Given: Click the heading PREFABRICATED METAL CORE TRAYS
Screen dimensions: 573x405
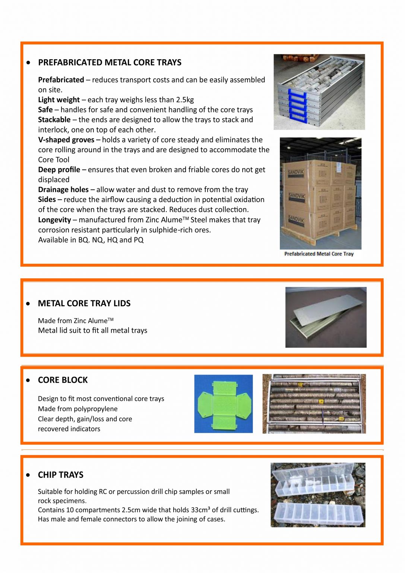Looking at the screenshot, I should tap(110, 62).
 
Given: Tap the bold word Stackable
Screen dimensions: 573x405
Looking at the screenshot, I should tap(54, 120).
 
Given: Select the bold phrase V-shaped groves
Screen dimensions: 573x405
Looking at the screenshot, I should tap(66, 140).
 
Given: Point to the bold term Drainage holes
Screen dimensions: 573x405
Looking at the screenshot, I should tap(63, 190).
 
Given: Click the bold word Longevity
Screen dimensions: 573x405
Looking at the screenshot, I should tap(54, 220).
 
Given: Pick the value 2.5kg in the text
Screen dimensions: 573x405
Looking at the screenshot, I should tap(185, 100).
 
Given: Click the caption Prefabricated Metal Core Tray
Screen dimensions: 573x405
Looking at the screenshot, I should tap(319, 254).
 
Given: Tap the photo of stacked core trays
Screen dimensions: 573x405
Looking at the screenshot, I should tap(319, 92).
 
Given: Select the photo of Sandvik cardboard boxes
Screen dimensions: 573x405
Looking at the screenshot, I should tap(320, 193).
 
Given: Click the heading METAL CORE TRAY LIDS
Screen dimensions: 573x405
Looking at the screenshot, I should tap(84, 303).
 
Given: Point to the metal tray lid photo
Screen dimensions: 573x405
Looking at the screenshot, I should tap(326, 317).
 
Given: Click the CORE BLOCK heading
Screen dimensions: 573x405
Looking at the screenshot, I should tap(63, 380).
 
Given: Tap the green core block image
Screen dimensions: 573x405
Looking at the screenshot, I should tap(223, 404).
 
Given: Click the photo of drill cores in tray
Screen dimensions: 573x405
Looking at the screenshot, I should tap(314, 404).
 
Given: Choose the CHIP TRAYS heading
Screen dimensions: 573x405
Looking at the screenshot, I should tap(60, 475).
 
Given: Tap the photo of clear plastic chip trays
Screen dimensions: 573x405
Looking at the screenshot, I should tap(317, 495).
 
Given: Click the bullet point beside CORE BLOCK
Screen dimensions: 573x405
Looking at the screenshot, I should tap(28, 380).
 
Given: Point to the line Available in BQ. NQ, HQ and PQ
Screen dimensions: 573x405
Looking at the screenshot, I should tap(91, 240).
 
